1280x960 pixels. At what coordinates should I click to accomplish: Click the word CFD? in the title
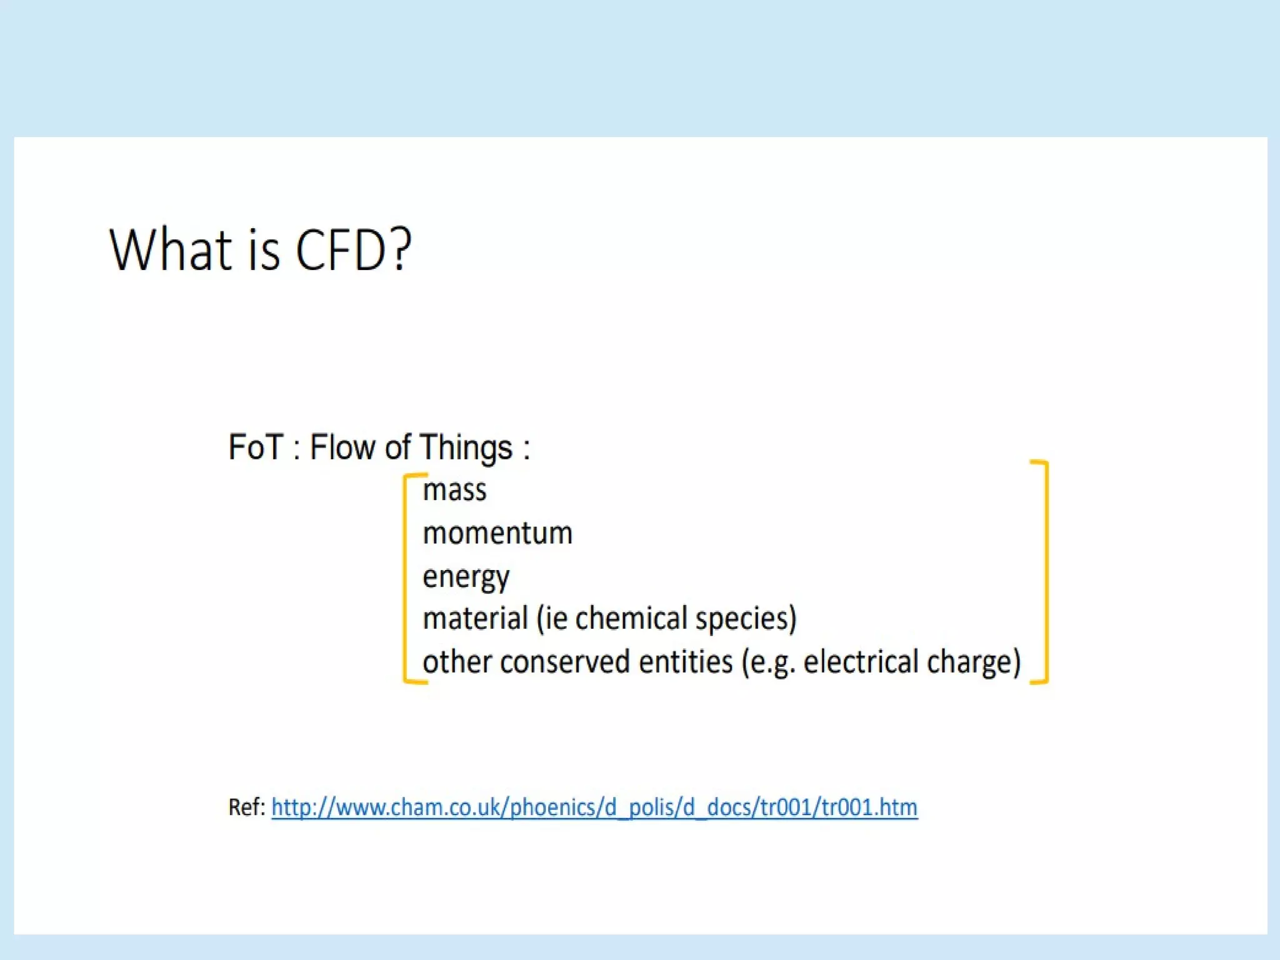353,250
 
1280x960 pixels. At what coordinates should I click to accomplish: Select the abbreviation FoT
256,447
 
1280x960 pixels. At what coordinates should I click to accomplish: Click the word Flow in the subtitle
343,447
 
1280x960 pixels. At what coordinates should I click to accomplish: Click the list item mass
454,490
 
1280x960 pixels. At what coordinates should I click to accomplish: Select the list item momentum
497,533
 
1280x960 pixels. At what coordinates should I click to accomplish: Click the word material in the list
475,619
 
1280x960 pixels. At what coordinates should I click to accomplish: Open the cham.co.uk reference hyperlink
594,807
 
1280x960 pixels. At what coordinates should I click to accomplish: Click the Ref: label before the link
247,807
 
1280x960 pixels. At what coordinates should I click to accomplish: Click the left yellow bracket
406,578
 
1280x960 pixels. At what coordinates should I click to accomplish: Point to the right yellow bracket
1046,572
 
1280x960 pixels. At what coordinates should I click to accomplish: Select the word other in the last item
457,662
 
